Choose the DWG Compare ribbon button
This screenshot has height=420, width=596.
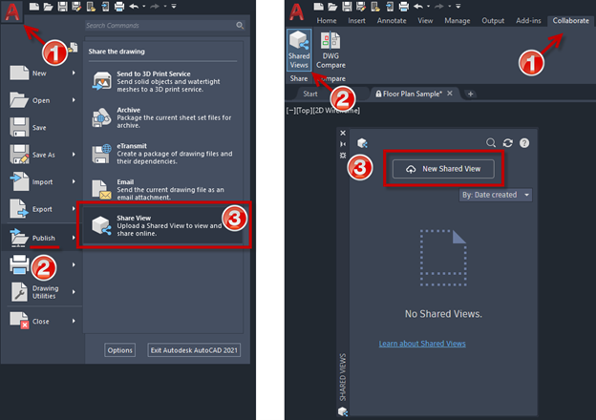[330, 49]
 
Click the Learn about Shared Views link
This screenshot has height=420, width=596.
[422, 343]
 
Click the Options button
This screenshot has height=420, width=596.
[120, 350]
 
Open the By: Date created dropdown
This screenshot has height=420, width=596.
[496, 195]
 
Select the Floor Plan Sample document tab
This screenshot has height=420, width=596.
[414, 94]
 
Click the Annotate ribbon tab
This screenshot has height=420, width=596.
[393, 19]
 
